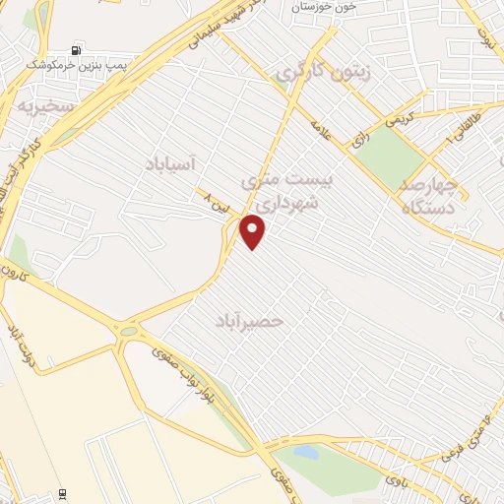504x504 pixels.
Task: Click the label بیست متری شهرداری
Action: tap(288, 189)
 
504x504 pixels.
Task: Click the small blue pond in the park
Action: tap(306, 454)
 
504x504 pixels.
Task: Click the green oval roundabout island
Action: tap(128, 332)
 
